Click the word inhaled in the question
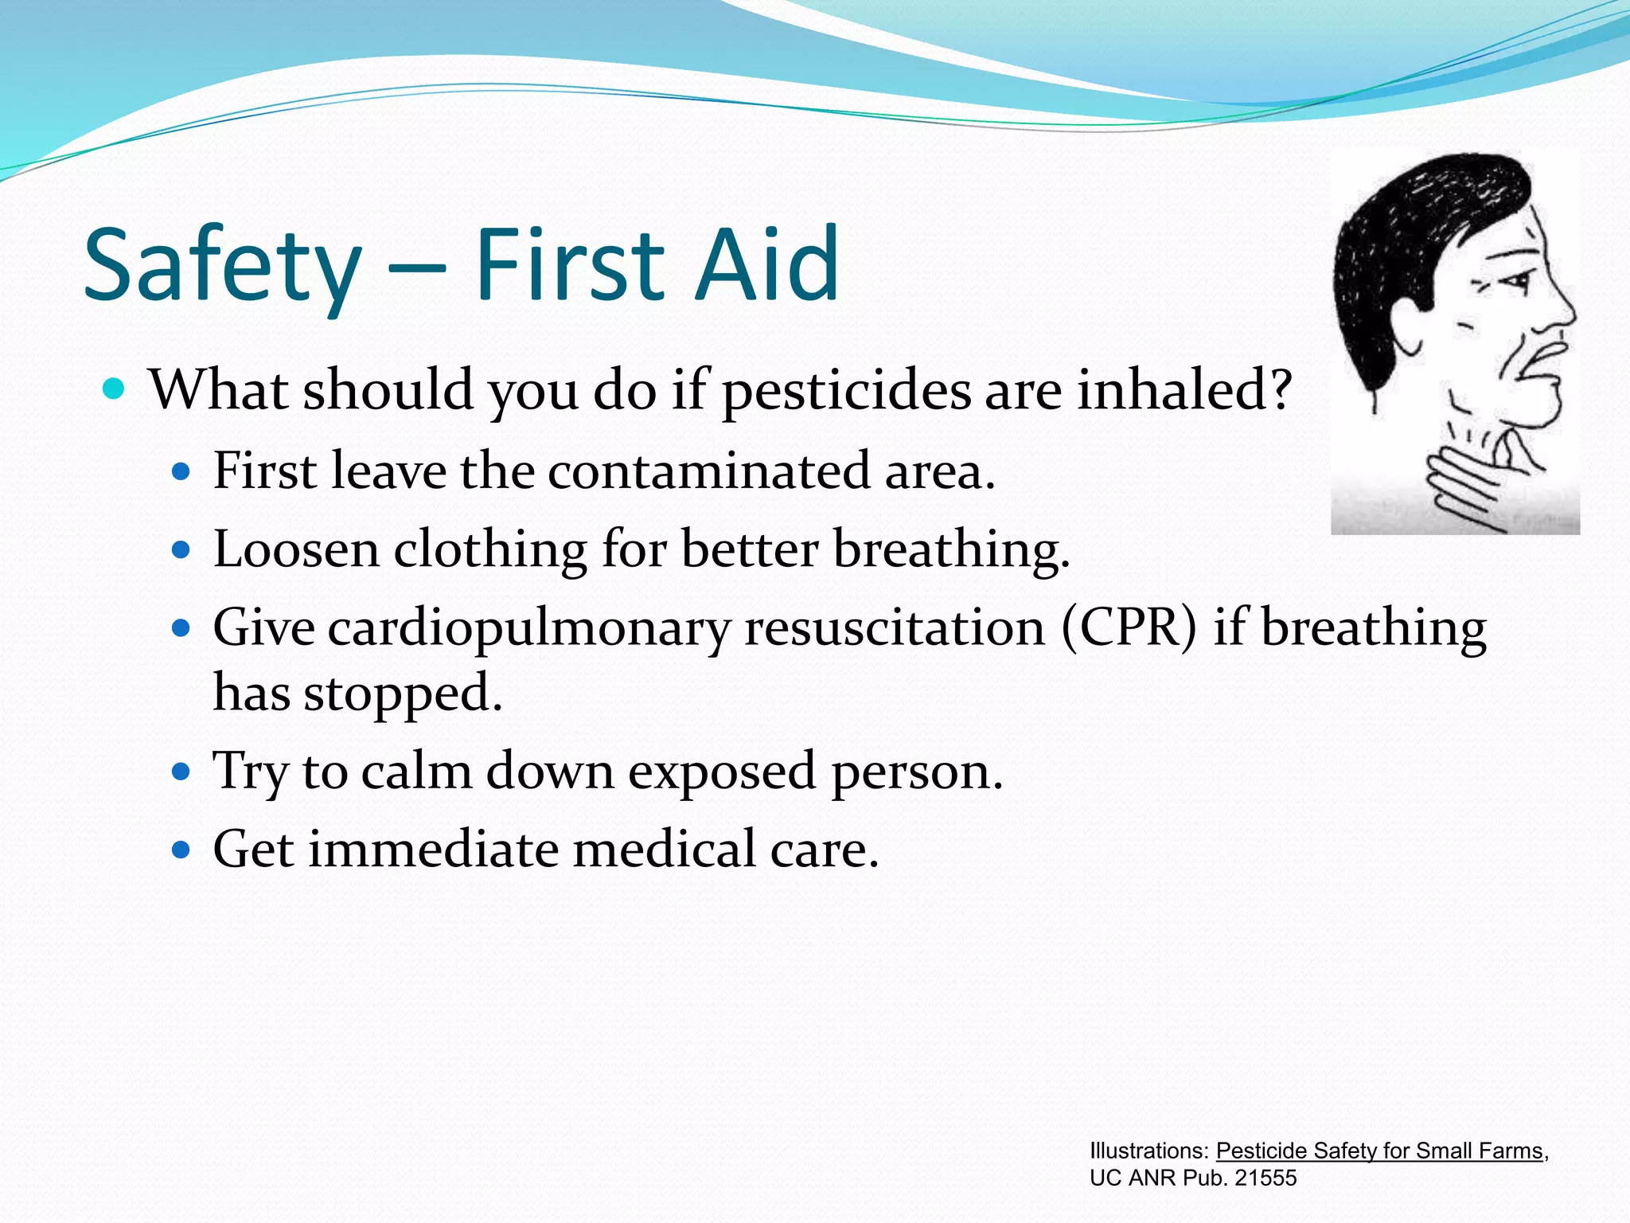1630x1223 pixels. click(1183, 391)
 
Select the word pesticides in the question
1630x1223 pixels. click(847, 391)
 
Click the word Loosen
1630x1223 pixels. click(296, 549)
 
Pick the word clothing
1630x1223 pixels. click(490, 549)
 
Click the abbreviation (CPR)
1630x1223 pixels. click(1129, 627)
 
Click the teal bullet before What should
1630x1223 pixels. click(115, 390)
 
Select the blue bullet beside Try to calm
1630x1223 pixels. click(182, 772)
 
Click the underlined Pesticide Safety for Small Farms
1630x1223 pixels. click(1378, 1151)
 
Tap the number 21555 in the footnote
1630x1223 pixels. click(1265, 1178)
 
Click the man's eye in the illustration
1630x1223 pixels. click(1516, 280)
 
